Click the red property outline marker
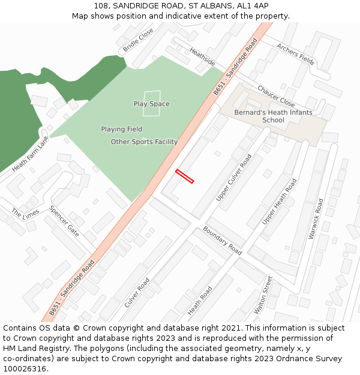184,176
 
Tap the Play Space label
151,104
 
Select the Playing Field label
121,129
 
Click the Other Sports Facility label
144,142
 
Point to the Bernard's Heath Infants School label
273,116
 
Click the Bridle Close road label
138,40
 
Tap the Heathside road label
202,57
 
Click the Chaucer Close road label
276,96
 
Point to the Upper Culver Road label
234,178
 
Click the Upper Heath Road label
279,202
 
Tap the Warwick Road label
316,218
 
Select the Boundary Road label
221,239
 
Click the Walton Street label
263,295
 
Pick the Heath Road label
200,301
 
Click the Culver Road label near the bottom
137,293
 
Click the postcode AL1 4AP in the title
253,5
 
